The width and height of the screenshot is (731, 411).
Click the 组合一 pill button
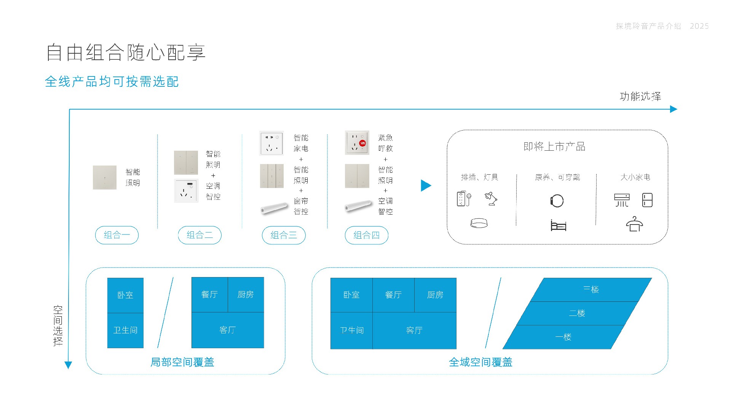[117, 235]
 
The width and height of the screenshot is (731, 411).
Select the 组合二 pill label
[200, 235]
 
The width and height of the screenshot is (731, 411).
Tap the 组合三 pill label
[284, 235]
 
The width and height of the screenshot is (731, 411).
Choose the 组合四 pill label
[367, 235]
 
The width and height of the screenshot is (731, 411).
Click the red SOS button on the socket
[362, 143]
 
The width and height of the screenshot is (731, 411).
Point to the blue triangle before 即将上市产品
[426, 186]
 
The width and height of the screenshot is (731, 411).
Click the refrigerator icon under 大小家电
[647, 200]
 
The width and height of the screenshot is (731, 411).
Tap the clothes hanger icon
[634, 224]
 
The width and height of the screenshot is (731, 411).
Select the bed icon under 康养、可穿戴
[559, 225]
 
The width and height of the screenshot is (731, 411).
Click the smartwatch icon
[557, 201]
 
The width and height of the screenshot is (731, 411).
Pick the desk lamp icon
[491, 199]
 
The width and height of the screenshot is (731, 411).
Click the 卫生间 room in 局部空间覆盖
[125, 330]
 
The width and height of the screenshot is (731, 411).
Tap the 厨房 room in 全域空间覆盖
[435, 295]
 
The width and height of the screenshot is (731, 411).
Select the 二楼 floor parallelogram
[577, 313]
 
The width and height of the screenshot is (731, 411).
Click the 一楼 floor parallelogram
[563, 337]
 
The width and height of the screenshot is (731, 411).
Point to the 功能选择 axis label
[640, 96]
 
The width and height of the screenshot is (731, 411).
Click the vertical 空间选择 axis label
[58, 326]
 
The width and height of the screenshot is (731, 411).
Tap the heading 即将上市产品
[554, 147]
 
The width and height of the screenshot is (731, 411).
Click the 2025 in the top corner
[699, 26]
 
